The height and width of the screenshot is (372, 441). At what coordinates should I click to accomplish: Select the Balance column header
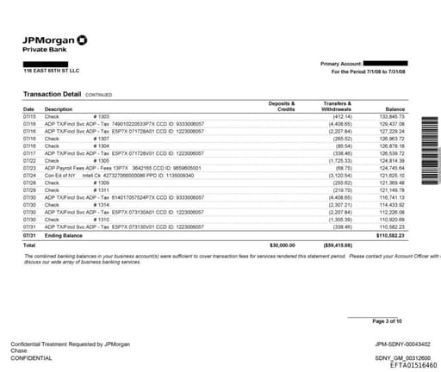395,109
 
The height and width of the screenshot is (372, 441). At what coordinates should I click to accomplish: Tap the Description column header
59,109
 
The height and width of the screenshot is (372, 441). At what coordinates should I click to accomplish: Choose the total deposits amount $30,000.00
282,244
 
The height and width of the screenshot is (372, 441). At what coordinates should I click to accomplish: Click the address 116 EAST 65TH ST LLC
51,71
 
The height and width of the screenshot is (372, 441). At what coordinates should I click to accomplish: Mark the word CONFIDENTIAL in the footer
32,356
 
